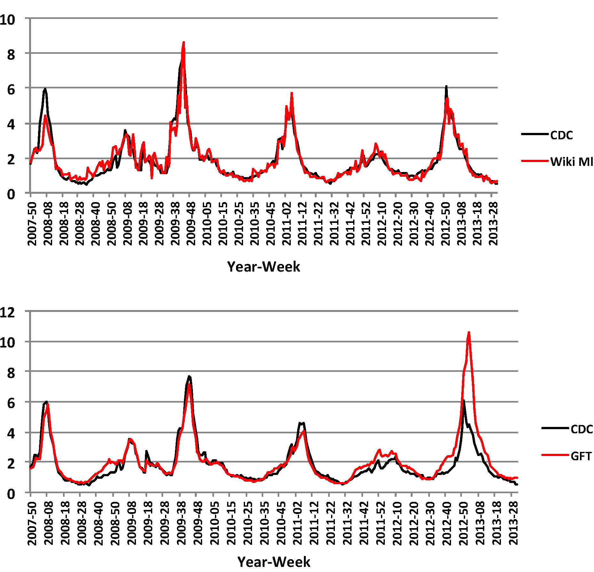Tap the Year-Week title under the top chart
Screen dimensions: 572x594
(x=264, y=267)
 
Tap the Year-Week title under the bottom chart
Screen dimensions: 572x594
(x=274, y=562)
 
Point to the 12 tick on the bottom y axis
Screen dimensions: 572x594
(x=8, y=312)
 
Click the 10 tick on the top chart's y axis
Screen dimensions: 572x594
(x=8, y=20)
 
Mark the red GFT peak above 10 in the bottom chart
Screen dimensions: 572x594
(x=469, y=333)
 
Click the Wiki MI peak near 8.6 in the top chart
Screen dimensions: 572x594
(x=184, y=42)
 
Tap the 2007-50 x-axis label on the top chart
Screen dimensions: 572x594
(x=32, y=224)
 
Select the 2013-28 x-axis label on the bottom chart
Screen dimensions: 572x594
(x=513, y=523)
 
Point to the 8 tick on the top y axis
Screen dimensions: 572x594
(x=11, y=55)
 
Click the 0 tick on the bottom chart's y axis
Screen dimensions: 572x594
(x=11, y=494)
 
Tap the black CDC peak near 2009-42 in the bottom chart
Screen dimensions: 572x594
(x=189, y=377)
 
